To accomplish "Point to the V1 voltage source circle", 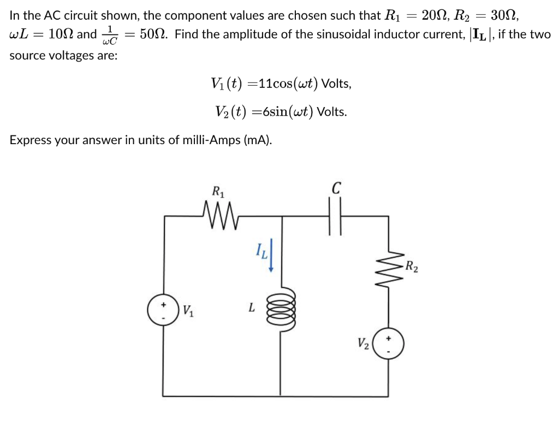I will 163,311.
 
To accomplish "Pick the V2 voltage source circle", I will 388,346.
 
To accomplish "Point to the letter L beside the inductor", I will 251,308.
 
